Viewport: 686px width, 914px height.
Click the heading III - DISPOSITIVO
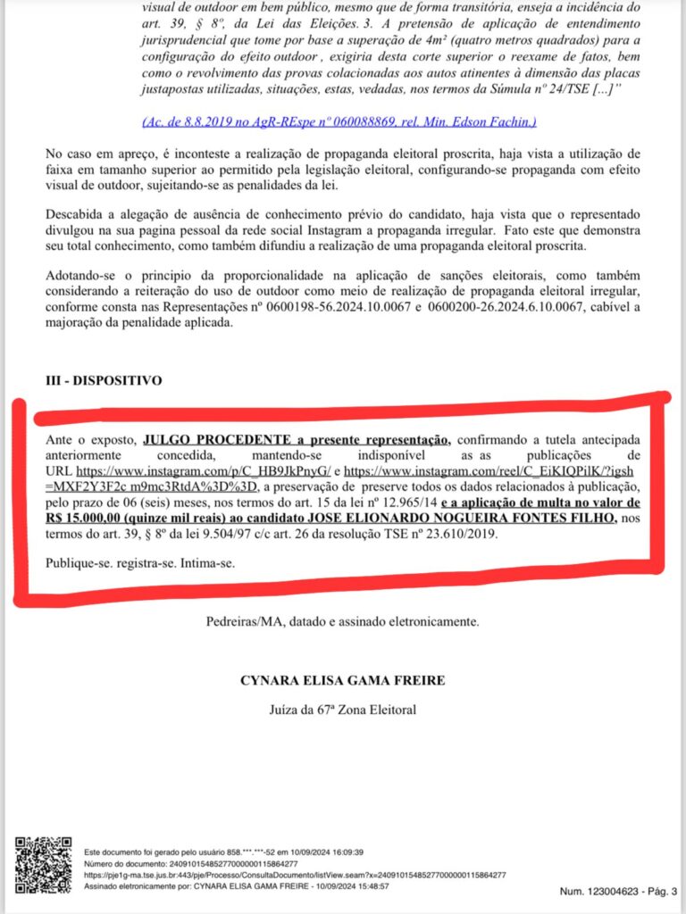tap(104, 380)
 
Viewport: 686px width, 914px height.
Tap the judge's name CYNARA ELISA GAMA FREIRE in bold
tap(342, 680)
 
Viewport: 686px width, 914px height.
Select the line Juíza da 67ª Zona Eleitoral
tap(342, 710)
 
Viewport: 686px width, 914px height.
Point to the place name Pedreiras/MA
tap(246, 620)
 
